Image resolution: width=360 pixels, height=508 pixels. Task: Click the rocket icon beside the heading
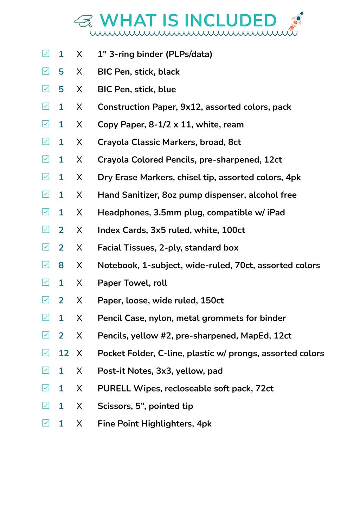click(x=296, y=21)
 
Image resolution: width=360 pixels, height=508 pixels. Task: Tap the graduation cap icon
click(x=84, y=21)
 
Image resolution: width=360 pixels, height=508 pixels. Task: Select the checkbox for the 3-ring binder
click(x=46, y=53)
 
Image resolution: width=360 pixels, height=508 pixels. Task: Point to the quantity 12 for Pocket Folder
click(x=64, y=353)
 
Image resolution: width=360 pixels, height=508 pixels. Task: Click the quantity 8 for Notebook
click(x=61, y=265)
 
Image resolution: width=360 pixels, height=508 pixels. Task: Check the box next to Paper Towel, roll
click(x=46, y=282)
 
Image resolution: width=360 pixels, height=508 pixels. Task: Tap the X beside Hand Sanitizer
click(x=79, y=195)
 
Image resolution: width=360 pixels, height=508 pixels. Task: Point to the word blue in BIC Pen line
click(x=167, y=89)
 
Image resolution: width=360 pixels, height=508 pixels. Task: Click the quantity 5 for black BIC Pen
click(x=61, y=72)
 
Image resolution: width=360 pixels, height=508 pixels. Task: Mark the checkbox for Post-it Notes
click(x=46, y=370)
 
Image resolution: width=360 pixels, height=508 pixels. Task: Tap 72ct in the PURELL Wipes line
click(x=264, y=388)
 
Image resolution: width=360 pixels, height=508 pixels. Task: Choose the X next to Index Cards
click(x=79, y=230)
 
